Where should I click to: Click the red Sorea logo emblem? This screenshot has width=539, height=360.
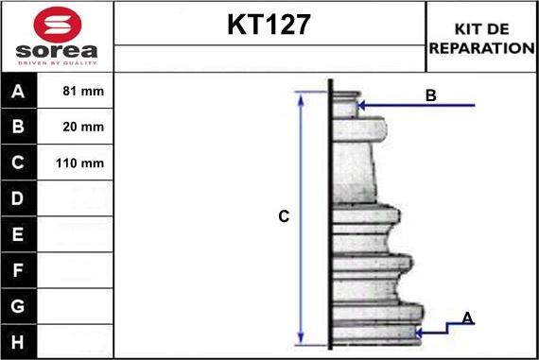(58, 25)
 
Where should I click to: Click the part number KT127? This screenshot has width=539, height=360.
(269, 25)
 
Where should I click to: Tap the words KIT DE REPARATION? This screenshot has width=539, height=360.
(481, 39)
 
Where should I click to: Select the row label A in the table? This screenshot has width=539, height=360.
(18, 91)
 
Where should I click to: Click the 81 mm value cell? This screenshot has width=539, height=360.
(83, 91)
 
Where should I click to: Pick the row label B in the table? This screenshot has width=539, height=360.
(18, 127)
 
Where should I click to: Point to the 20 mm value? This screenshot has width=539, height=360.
(83, 127)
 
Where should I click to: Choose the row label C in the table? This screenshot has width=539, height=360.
(18, 163)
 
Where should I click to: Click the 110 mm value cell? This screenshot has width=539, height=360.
(79, 163)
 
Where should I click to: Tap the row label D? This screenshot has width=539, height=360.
(18, 198)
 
